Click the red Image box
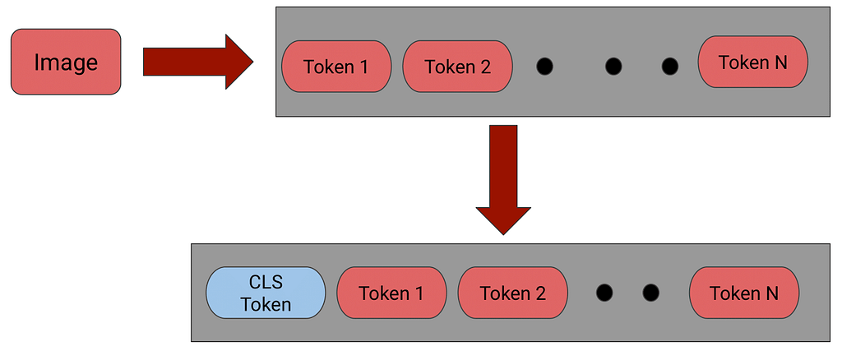pyautogui.click(x=66, y=62)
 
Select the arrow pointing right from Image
pyautogui.click(x=197, y=62)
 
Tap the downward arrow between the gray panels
pyautogui.click(x=503, y=180)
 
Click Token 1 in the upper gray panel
pyautogui.click(x=336, y=66)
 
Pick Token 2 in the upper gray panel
pyautogui.click(x=457, y=66)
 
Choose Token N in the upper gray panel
pyautogui.click(x=753, y=62)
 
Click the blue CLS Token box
pyautogui.click(x=266, y=293)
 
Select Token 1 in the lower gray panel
pyautogui.click(x=391, y=293)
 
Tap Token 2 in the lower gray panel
pyautogui.click(x=513, y=293)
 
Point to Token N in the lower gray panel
pyautogui.click(x=744, y=293)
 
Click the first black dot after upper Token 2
pyautogui.click(x=544, y=67)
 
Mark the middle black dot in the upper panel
pyautogui.click(x=613, y=67)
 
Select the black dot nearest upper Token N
pyautogui.click(x=669, y=67)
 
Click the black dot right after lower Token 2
pyautogui.click(x=604, y=293)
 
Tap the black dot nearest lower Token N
pyautogui.click(x=651, y=293)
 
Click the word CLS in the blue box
pyautogui.click(x=266, y=283)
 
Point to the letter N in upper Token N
pyautogui.click(x=781, y=62)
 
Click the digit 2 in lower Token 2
pyautogui.click(x=541, y=293)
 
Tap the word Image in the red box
pyautogui.click(x=66, y=62)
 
